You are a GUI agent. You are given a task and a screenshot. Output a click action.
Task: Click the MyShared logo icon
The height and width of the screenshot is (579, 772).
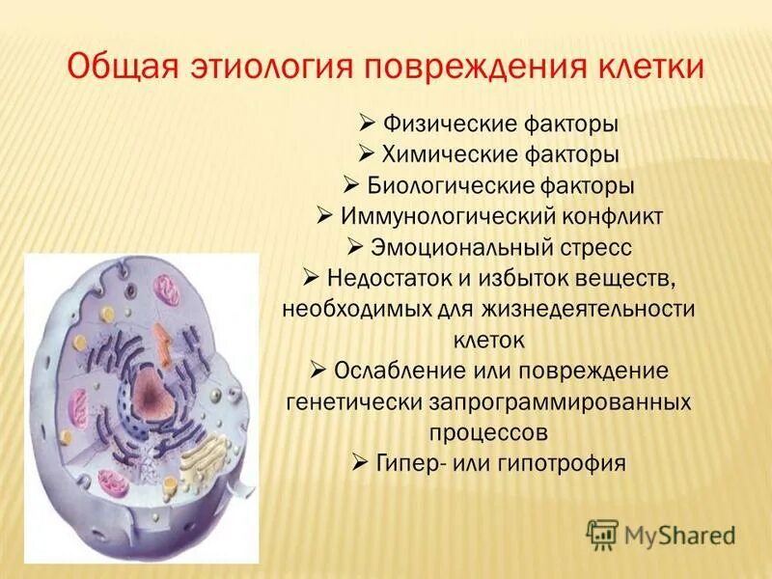tap(602, 532)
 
